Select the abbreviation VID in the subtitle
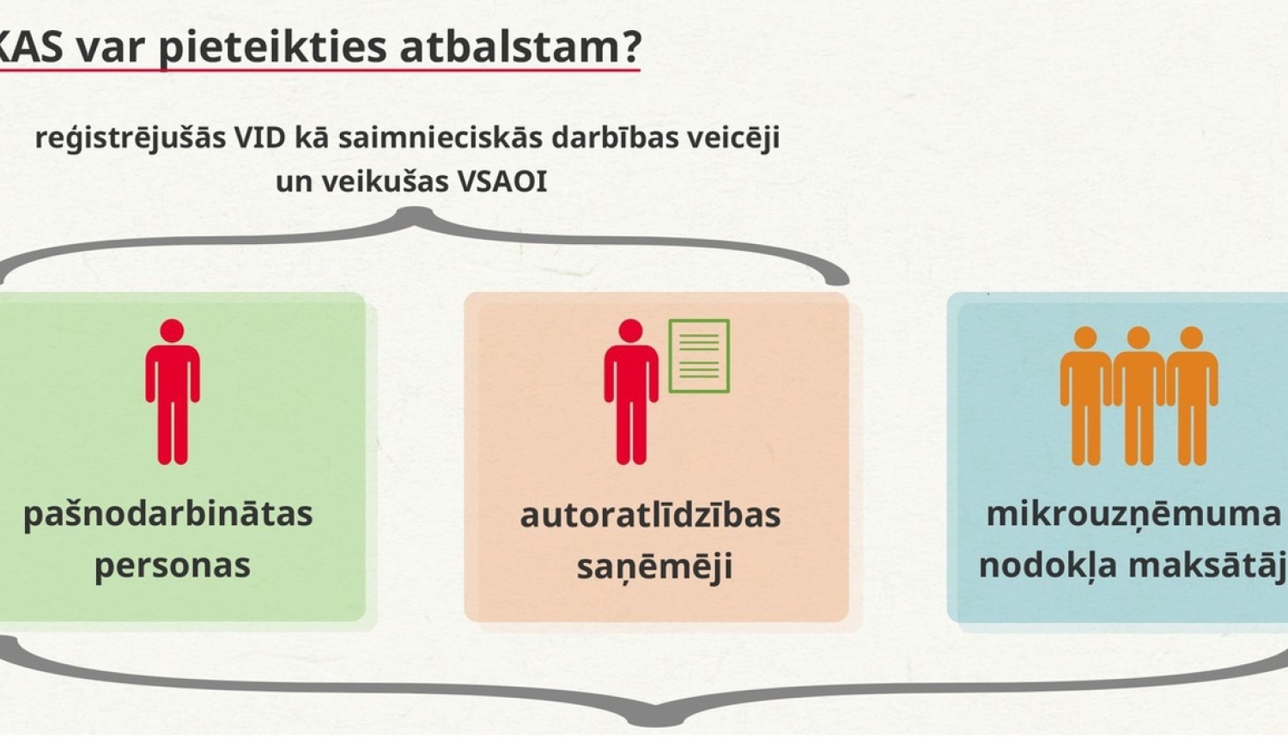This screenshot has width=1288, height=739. [260, 137]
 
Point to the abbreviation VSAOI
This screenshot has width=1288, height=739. [501, 181]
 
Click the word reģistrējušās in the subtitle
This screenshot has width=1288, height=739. [130, 138]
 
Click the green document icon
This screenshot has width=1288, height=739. [699, 356]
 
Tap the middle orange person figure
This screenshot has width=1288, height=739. [1139, 395]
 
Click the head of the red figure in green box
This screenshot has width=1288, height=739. [173, 331]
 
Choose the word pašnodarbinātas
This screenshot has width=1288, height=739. [168, 514]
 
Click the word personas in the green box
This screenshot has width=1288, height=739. [173, 565]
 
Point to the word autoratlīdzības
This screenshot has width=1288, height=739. [650, 515]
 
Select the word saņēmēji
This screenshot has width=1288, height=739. [653, 566]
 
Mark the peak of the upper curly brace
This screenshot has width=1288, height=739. [416, 213]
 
